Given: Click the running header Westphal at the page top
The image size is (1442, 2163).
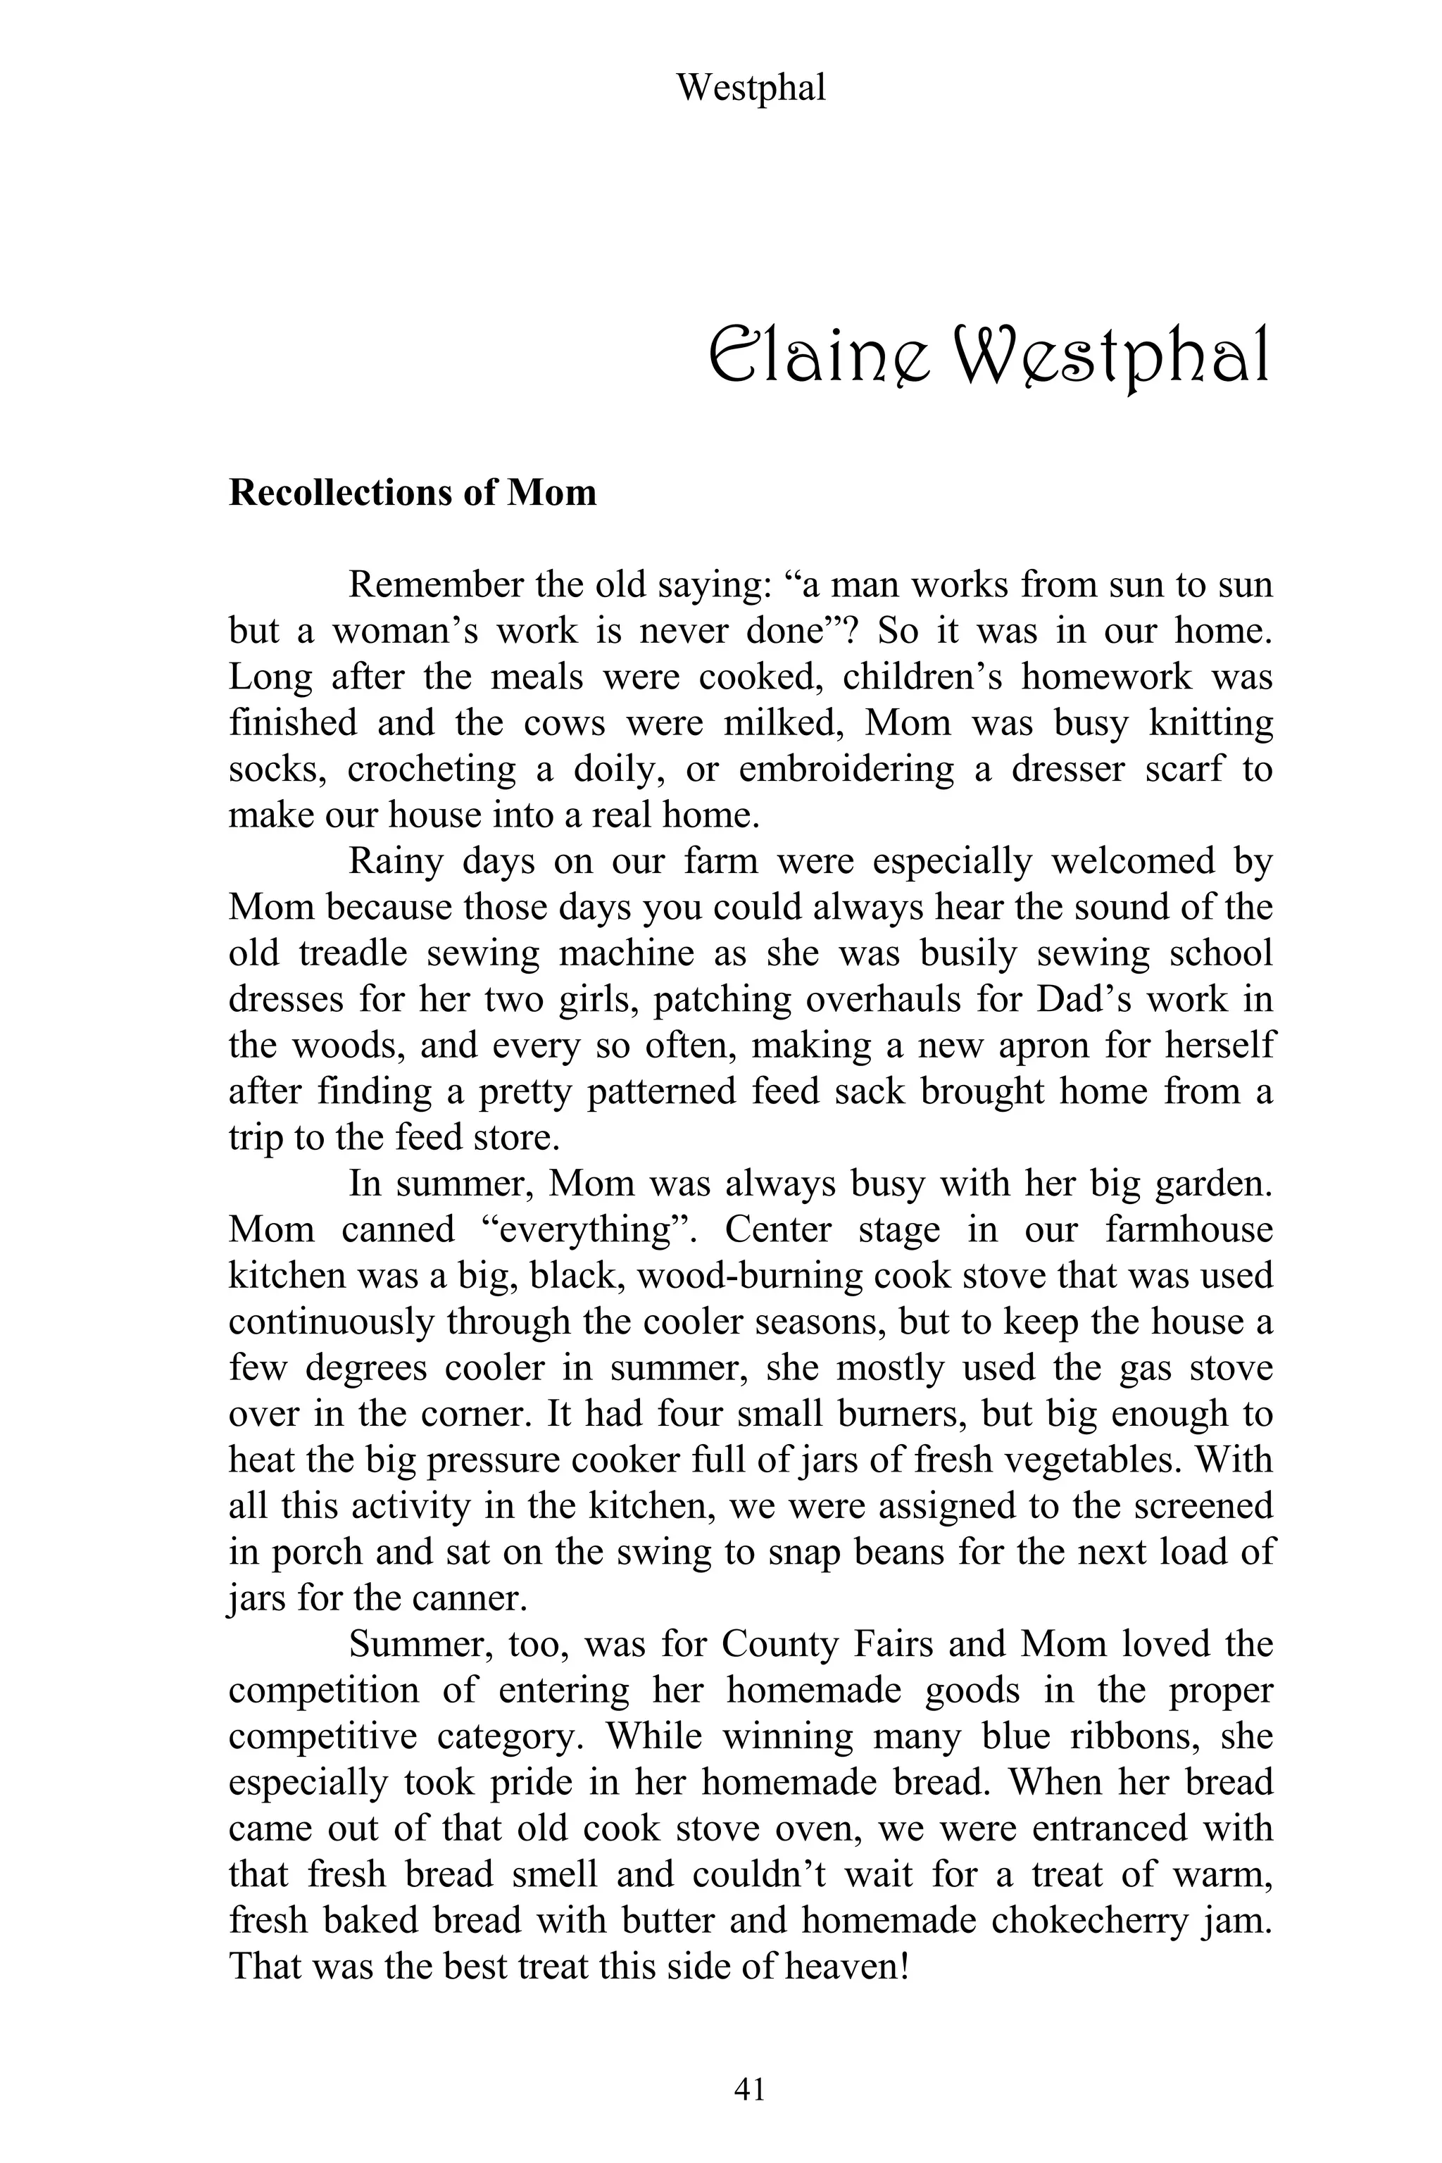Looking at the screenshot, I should point(751,88).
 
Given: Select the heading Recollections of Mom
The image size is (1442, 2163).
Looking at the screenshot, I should point(412,493).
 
